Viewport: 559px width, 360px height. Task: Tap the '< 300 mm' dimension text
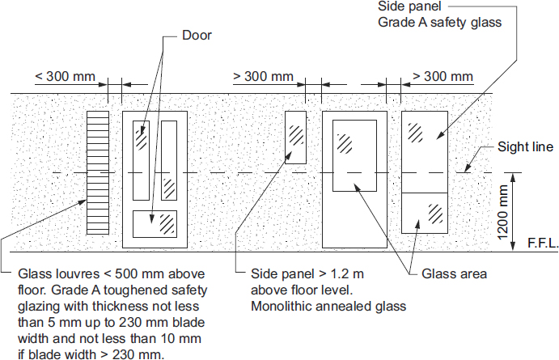click(65, 77)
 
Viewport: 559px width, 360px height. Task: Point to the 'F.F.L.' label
click(540, 241)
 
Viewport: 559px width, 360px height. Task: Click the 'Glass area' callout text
click(454, 274)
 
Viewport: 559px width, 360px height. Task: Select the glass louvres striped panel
click(97, 159)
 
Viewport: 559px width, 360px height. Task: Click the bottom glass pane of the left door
click(155, 222)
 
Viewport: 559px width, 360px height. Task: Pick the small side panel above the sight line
click(295, 138)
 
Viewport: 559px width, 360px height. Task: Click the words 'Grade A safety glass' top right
click(440, 23)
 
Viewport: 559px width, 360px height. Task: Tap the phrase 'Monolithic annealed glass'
click(328, 306)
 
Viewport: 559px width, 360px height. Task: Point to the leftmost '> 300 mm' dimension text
click(263, 77)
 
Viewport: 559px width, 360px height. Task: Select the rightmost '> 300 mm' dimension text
click(443, 77)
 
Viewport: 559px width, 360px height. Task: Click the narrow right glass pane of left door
click(169, 161)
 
